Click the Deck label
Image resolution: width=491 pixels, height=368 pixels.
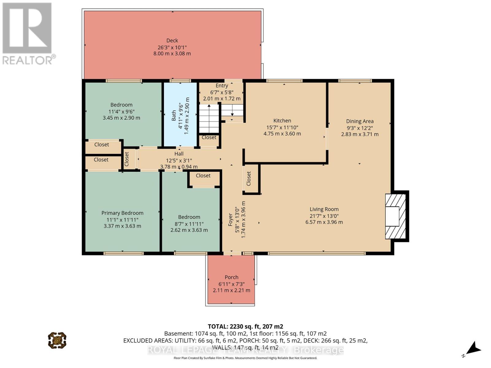point(172,40)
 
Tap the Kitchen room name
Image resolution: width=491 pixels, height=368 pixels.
point(282,121)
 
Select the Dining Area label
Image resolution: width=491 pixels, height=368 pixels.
point(360,121)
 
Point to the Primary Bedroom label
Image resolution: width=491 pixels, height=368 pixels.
point(122,213)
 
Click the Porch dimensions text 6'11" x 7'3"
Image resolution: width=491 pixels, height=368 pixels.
point(231,284)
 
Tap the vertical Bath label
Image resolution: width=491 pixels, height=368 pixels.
point(174,116)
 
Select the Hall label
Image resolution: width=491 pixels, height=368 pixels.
point(179,154)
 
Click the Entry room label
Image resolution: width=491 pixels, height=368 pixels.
point(222,86)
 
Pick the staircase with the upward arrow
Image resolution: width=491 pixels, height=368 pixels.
point(209,118)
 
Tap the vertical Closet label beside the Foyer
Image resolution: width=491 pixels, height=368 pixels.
point(249,178)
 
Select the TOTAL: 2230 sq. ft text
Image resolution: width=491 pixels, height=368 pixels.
point(245,326)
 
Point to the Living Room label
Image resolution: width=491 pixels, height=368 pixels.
point(324,209)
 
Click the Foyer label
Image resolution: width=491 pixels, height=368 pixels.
point(230,220)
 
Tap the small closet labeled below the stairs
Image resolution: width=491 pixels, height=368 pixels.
point(209,137)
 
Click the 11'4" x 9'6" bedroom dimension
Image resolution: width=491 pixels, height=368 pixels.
point(121,111)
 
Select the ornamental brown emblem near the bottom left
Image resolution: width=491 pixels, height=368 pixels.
point(57,340)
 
